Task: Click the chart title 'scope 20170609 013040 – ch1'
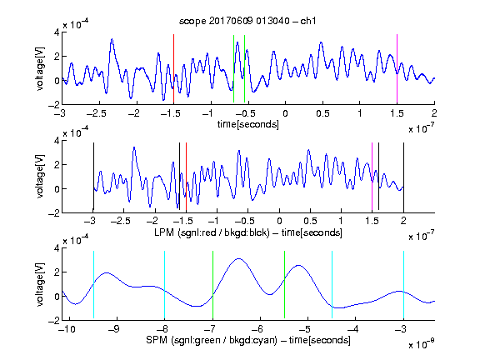click(247, 21)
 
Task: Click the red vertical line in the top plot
click(173, 68)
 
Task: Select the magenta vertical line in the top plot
click(397, 68)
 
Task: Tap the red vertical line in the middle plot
click(186, 177)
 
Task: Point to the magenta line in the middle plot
click(372, 177)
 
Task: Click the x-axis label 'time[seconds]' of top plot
click(248, 124)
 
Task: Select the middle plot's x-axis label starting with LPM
click(248, 232)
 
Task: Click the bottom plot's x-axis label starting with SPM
click(248, 340)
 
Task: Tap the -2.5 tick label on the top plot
click(97, 113)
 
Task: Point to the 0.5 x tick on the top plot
click(322, 113)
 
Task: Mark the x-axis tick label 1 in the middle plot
click(341, 221)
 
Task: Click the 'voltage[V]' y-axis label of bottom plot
click(40, 284)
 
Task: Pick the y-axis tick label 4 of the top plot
click(57, 32)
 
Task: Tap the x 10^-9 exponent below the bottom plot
click(422, 345)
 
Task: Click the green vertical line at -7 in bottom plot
click(212, 285)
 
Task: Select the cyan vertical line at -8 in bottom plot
click(165, 285)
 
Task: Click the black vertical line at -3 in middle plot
click(93, 177)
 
